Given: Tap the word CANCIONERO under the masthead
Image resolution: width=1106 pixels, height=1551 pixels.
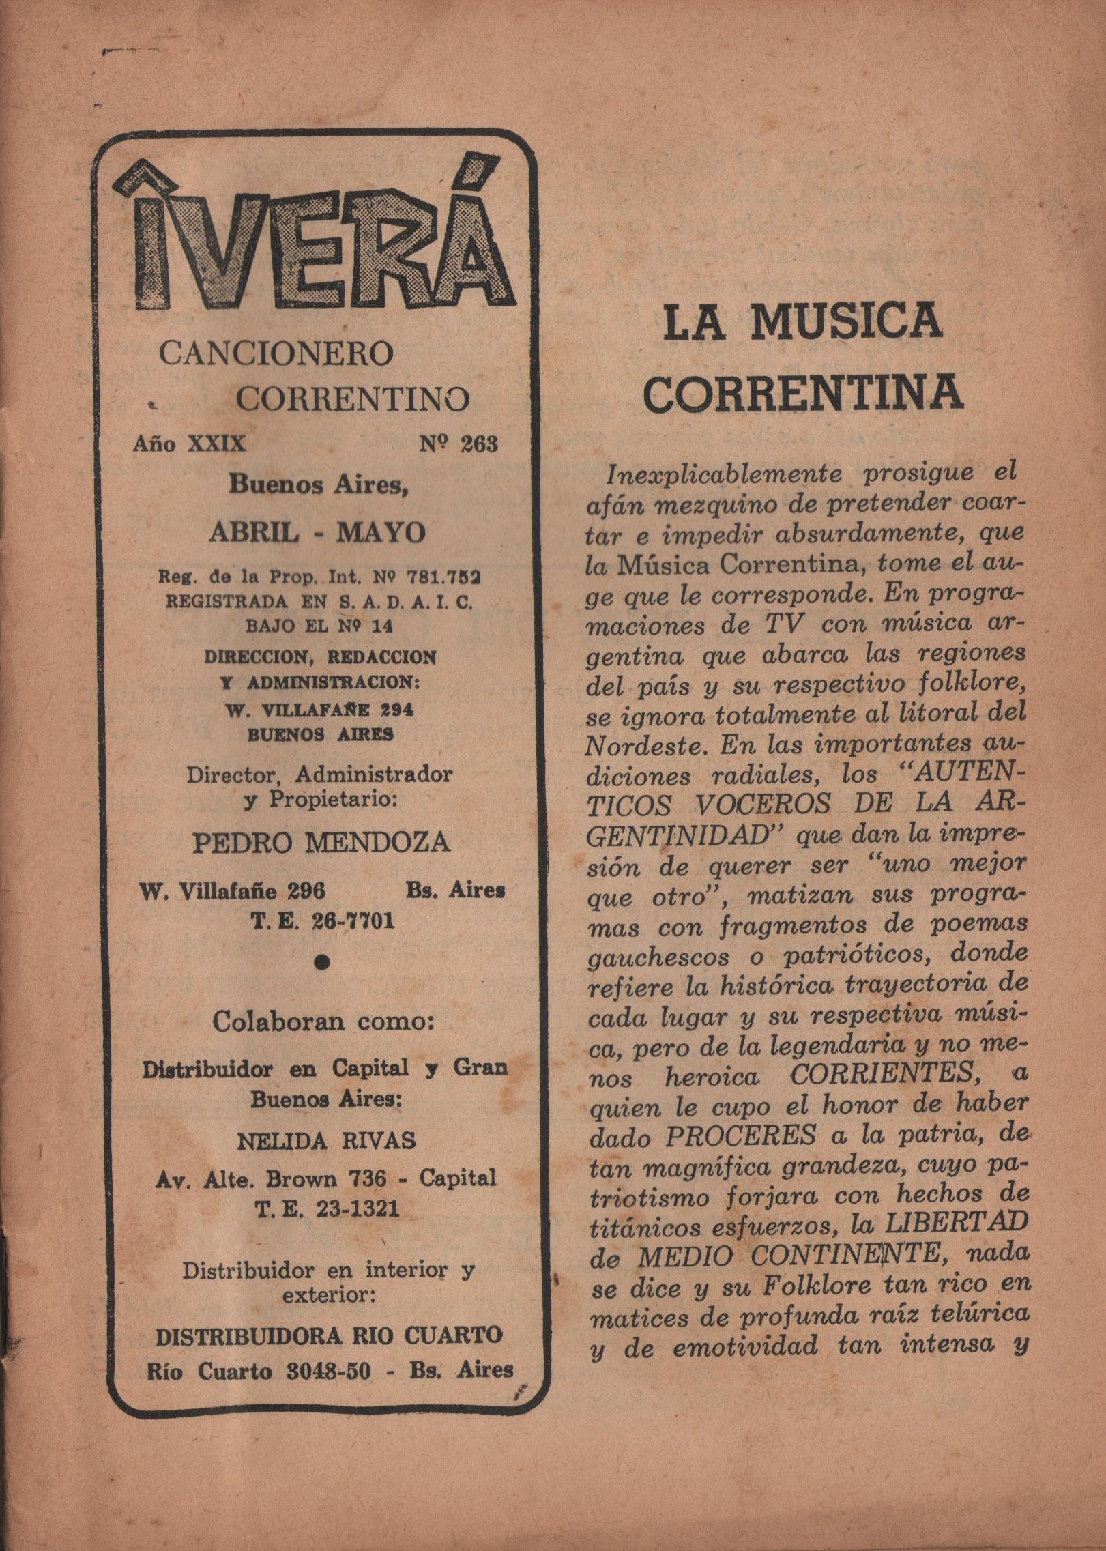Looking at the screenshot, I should tap(276, 353).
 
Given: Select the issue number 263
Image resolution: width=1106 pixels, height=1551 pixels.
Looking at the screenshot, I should tap(478, 444).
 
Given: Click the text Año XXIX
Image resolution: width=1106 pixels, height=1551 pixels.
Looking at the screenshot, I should tap(189, 444).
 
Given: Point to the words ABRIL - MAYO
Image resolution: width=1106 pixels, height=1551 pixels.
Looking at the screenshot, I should tap(318, 532).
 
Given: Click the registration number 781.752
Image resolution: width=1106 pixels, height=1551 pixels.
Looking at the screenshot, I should tap(443, 577).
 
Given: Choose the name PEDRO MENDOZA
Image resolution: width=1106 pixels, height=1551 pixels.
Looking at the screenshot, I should tap(321, 843).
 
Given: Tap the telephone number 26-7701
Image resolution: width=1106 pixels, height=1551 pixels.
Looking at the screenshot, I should tap(353, 922).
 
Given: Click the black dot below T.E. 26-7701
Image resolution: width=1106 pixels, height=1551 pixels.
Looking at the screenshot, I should tap(323, 962).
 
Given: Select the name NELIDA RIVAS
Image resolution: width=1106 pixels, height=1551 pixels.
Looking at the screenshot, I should tap(326, 1141).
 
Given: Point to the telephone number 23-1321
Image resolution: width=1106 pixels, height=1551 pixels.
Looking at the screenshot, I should tap(357, 1210).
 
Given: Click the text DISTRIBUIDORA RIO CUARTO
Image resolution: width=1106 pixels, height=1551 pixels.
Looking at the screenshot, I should tap(329, 1336).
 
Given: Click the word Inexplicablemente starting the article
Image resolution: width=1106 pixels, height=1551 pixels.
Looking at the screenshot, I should tap(724, 473).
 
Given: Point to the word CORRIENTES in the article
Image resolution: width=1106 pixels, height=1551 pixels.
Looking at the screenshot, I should tap(884, 1074).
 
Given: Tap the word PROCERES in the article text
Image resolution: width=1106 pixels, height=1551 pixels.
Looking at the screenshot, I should tap(741, 1135).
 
